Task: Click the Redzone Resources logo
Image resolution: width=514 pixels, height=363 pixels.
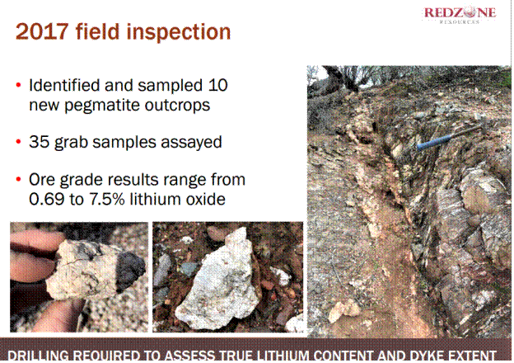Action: (460, 15)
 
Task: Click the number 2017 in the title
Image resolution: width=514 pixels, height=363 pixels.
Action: (42, 32)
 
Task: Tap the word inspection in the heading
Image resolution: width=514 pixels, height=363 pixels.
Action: (179, 32)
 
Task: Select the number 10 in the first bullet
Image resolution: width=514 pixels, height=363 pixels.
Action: (217, 85)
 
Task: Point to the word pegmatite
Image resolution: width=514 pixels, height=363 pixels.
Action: (101, 106)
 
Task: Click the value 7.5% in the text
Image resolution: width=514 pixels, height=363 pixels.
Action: (106, 199)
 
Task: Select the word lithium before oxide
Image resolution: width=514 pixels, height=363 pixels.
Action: (155, 199)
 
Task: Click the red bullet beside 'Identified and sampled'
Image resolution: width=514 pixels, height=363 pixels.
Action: (19, 85)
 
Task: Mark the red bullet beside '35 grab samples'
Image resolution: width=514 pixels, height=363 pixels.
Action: (19, 142)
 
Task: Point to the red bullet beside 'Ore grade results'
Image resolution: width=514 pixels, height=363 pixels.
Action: (19, 180)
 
